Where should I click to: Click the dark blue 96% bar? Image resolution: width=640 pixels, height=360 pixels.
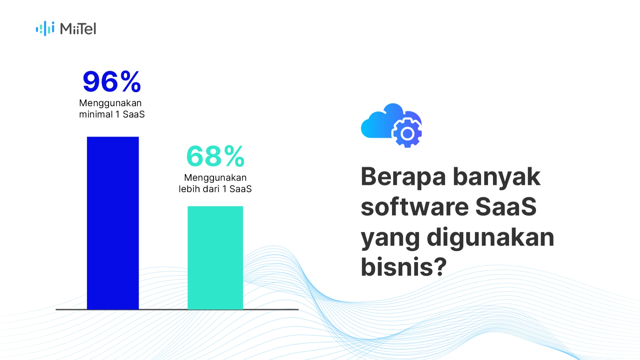click(x=113, y=223)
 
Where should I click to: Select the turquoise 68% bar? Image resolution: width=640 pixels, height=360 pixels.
click(x=215, y=258)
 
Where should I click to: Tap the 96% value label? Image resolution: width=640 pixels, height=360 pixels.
click(x=112, y=82)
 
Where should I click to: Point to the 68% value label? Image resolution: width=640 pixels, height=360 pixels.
click(x=216, y=156)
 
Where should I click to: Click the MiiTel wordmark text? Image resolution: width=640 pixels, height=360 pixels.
click(x=78, y=29)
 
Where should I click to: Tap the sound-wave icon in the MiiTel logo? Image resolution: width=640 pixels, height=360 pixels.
click(x=45, y=29)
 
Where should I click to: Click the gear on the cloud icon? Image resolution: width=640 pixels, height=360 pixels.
click(x=407, y=133)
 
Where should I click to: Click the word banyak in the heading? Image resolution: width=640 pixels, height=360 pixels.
click(x=497, y=177)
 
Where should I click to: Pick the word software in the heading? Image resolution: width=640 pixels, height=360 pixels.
click(x=415, y=207)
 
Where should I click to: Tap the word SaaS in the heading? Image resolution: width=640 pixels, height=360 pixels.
click(x=506, y=207)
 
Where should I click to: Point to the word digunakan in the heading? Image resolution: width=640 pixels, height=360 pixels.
click(x=490, y=237)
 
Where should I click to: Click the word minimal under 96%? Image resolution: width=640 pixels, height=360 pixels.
click(x=96, y=114)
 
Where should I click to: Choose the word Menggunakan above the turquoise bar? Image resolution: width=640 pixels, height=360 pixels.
click(x=215, y=178)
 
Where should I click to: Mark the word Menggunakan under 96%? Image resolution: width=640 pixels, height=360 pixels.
click(x=110, y=103)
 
